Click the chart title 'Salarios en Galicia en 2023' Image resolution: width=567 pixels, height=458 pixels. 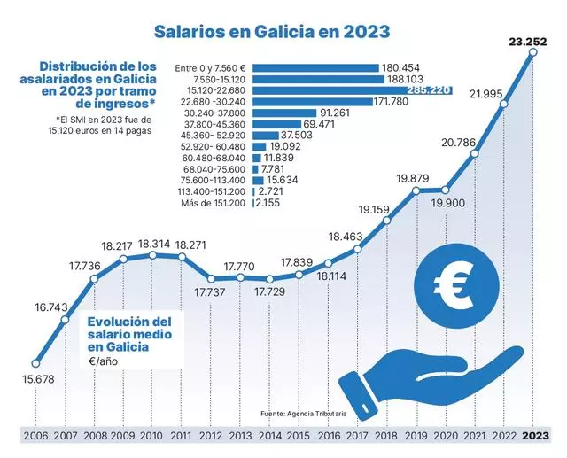point(273,32)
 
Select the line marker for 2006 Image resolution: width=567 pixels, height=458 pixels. point(35,361)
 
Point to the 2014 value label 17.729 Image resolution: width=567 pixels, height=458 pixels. point(270,291)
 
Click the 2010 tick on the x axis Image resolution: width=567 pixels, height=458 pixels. point(151,436)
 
